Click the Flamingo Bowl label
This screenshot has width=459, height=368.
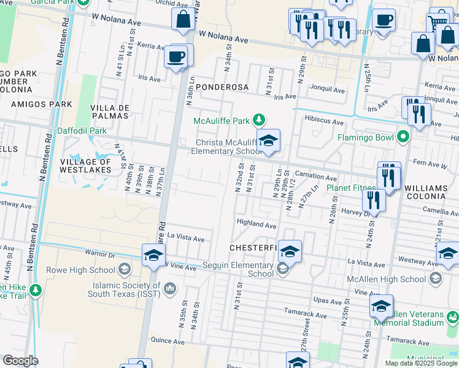(368, 137)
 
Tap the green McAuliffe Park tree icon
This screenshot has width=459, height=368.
(260, 120)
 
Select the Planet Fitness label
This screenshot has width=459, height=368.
(351, 187)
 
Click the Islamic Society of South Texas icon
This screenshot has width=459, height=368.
(170, 288)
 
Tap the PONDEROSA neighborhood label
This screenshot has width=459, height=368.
(222, 88)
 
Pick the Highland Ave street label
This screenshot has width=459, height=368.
(256, 225)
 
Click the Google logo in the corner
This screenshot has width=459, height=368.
(20, 361)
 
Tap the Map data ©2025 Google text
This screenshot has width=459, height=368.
(420, 363)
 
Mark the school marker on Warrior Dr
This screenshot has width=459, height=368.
(153, 256)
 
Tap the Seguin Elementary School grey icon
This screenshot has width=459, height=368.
(282, 267)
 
